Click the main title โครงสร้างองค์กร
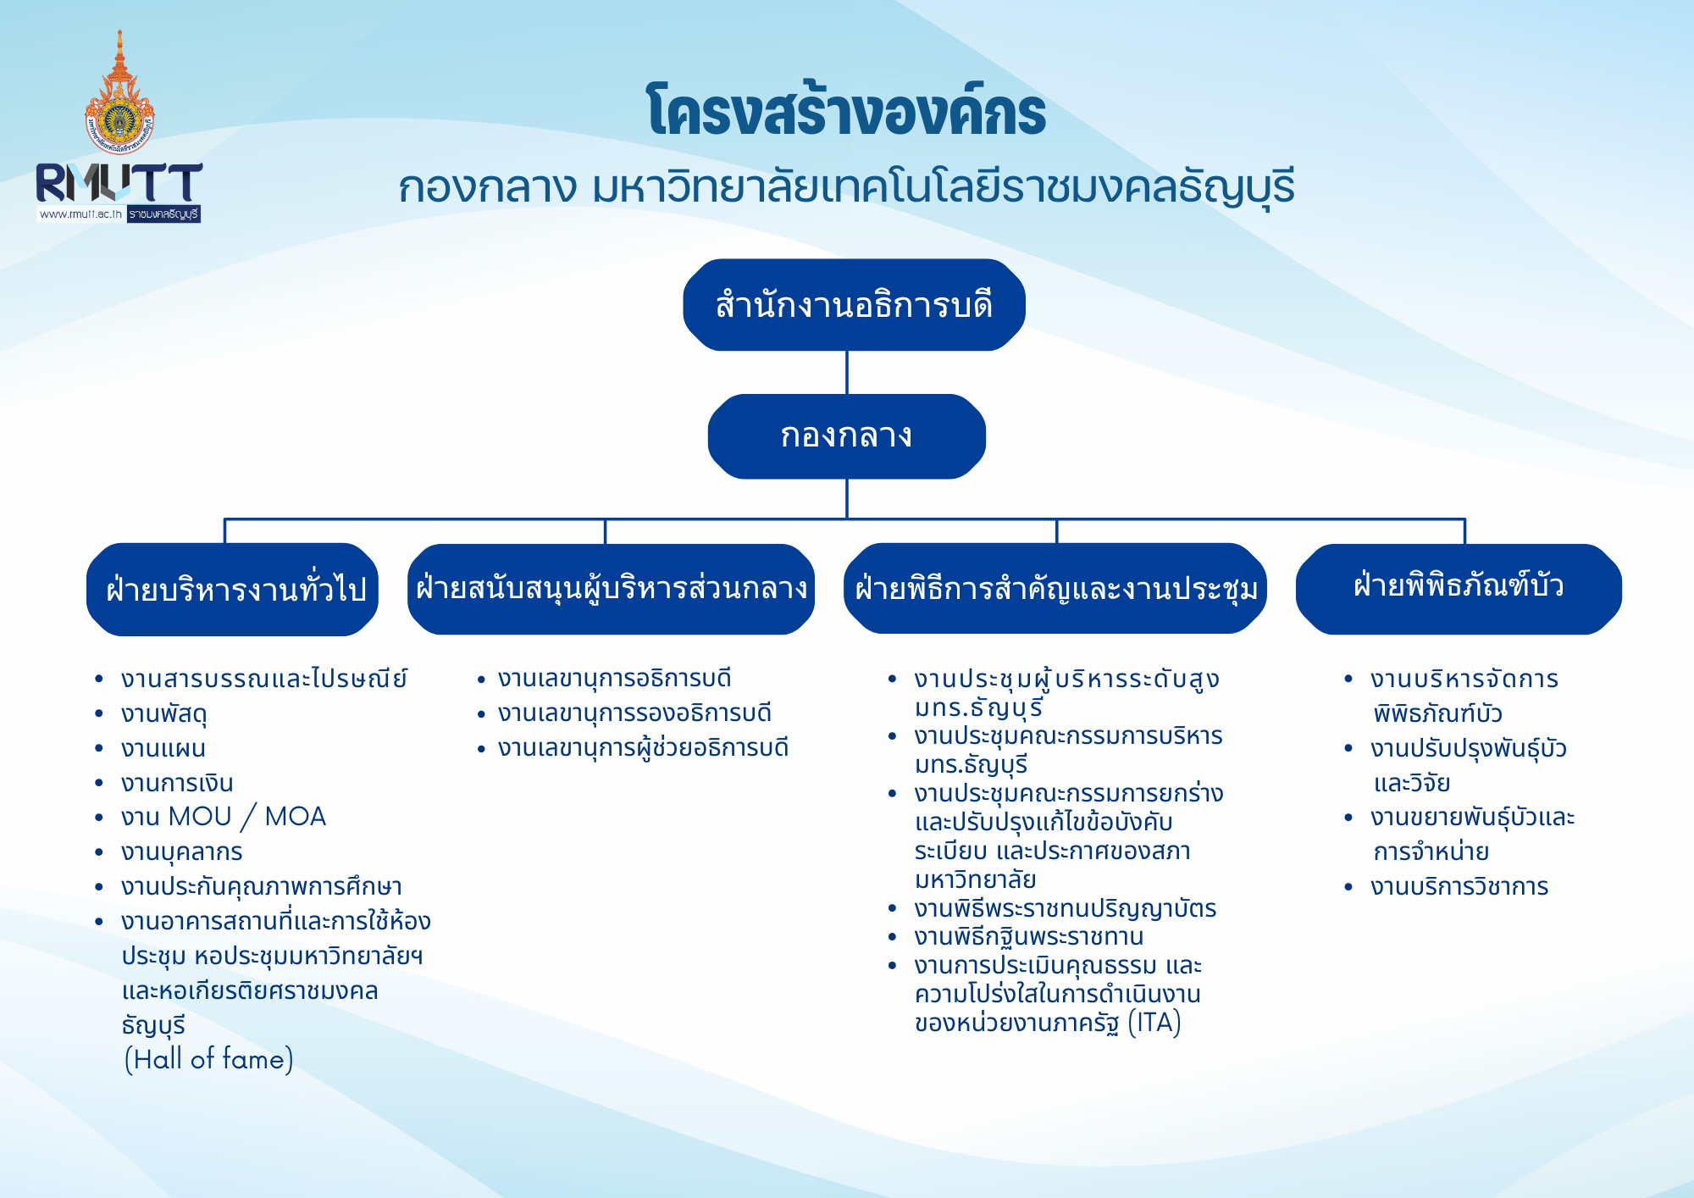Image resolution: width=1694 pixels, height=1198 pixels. (x=846, y=113)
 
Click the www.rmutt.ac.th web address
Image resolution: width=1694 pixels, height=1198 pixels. (x=80, y=214)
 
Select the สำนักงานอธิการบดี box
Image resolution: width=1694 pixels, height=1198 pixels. (x=853, y=305)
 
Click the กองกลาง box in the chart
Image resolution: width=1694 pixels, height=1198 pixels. (x=846, y=436)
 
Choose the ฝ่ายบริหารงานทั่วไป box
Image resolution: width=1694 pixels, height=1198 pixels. (x=233, y=590)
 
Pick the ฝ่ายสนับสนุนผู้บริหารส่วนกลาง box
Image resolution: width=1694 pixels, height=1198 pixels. (x=611, y=589)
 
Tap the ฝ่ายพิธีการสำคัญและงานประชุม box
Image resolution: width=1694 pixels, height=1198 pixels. (x=1055, y=589)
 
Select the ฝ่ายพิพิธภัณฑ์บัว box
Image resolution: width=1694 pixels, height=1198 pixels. (x=1458, y=587)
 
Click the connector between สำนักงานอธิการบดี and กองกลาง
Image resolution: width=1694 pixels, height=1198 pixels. (x=847, y=373)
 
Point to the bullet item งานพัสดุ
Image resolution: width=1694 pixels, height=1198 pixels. (x=163, y=714)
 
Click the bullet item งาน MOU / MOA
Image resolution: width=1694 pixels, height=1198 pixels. (x=223, y=817)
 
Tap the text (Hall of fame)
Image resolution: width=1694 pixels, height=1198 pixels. (x=208, y=1059)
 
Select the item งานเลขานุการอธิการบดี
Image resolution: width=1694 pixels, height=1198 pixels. (x=614, y=679)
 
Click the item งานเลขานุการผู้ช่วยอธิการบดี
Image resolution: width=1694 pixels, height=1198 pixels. (x=643, y=748)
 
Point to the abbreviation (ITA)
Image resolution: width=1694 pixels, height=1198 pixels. (x=1154, y=1023)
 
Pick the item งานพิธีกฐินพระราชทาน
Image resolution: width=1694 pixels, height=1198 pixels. (x=1028, y=937)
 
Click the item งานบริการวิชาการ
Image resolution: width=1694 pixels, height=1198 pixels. (x=1459, y=887)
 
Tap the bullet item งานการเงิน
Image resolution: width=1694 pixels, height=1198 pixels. (x=176, y=783)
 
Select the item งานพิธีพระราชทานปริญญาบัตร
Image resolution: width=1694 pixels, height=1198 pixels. (x=1065, y=909)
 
